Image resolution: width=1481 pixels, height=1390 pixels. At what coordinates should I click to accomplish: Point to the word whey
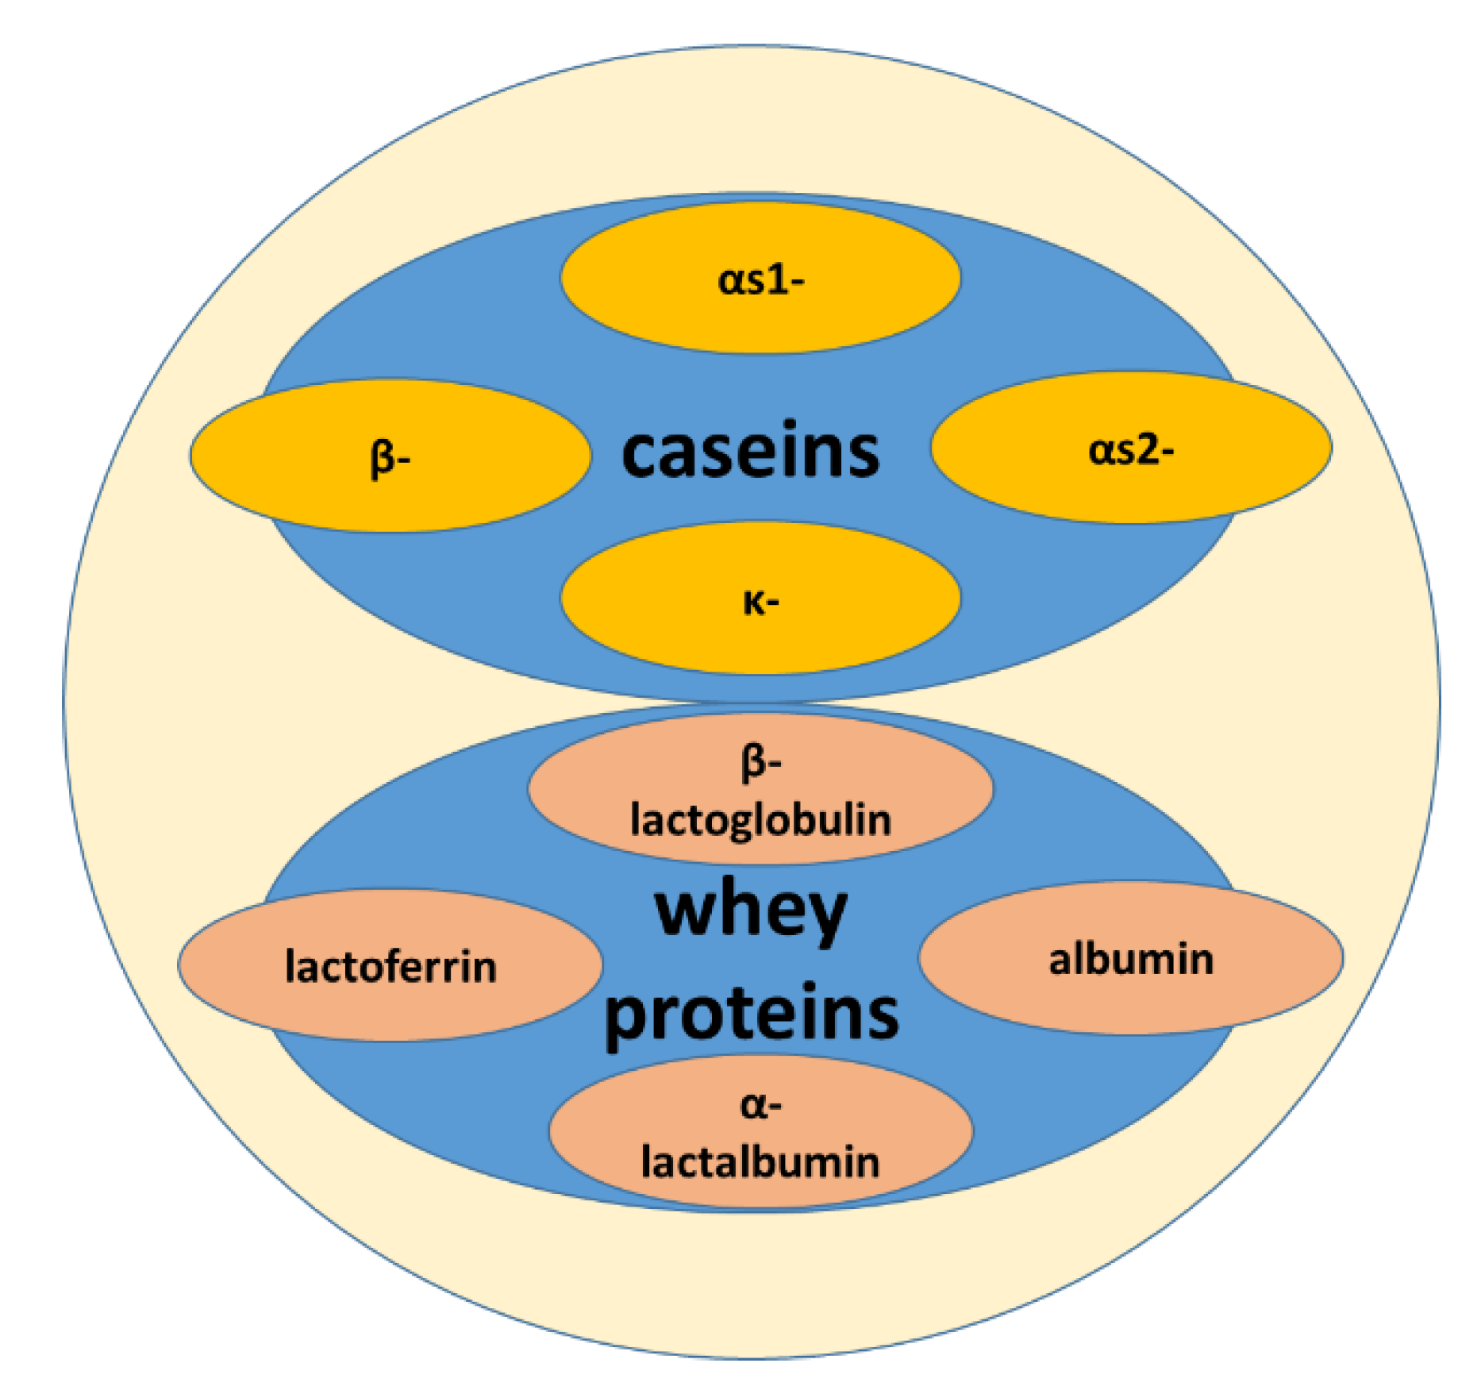click(x=750, y=913)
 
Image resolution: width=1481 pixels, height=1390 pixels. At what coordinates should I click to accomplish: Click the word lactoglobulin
click(x=760, y=819)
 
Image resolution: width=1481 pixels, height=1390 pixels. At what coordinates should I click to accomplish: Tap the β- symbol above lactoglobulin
click(x=760, y=762)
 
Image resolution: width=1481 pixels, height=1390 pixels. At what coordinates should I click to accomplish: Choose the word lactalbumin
click(x=760, y=1162)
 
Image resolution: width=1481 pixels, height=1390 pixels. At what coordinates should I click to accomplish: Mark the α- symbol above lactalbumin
click(x=760, y=1106)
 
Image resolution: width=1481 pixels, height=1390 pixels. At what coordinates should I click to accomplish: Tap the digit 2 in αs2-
click(x=1146, y=450)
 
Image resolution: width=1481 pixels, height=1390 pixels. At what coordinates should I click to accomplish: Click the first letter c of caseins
click(x=641, y=453)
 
